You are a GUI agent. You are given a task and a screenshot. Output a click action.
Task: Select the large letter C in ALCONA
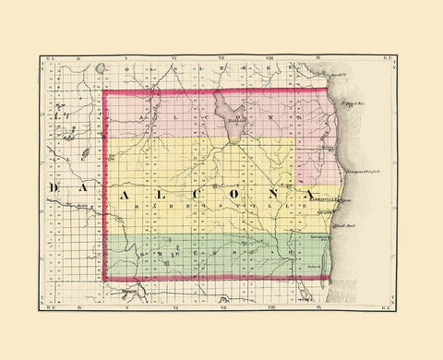[202, 191]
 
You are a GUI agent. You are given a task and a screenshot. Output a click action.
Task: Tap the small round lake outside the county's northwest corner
[85, 150]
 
